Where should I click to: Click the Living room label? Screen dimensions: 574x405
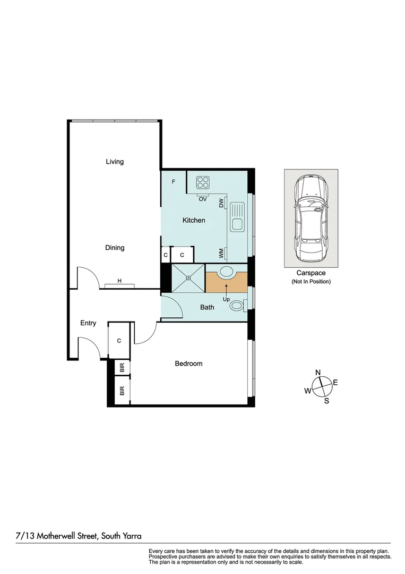115,162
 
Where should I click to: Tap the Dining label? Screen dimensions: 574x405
115,248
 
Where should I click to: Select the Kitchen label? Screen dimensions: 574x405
194,220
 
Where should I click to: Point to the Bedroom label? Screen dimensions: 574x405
188,364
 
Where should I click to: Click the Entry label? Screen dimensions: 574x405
88,323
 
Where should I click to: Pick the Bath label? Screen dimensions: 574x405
207,307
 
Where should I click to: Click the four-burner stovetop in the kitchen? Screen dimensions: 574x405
203,182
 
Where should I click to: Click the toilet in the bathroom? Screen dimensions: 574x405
237,306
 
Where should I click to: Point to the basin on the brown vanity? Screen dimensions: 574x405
227,272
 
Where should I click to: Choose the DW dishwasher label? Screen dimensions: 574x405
221,202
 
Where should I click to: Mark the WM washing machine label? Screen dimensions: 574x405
221,253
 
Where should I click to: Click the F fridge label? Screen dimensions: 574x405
173,182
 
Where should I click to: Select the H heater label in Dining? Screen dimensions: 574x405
119,281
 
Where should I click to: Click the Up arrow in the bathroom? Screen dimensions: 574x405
227,291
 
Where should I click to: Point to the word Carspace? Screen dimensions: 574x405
311,273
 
